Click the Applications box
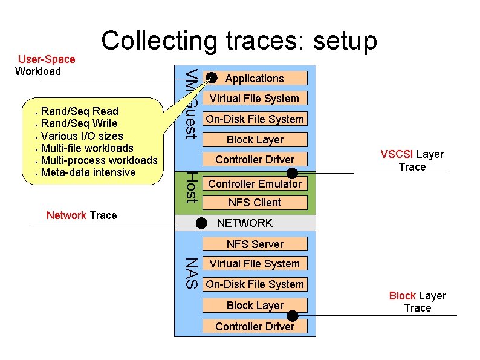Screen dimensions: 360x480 click(x=255, y=78)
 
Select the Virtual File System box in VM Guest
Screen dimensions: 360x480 click(x=255, y=98)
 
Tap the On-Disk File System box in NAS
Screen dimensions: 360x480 click(x=255, y=284)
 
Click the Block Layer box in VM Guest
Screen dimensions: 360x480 click(x=255, y=140)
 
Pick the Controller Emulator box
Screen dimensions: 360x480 click(x=255, y=183)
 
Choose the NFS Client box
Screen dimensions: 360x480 click(x=255, y=203)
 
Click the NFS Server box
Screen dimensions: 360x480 click(x=255, y=244)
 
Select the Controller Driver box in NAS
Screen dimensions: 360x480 click(x=255, y=327)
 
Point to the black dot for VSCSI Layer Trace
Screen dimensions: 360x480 click(x=292, y=174)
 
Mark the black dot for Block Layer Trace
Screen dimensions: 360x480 click(x=293, y=315)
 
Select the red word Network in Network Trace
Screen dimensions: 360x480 click(x=66, y=215)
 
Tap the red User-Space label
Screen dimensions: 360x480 click(x=47, y=59)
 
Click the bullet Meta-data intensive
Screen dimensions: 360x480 click(x=88, y=172)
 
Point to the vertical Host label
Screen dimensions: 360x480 click(x=191, y=187)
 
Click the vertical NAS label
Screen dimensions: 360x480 click(x=191, y=273)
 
